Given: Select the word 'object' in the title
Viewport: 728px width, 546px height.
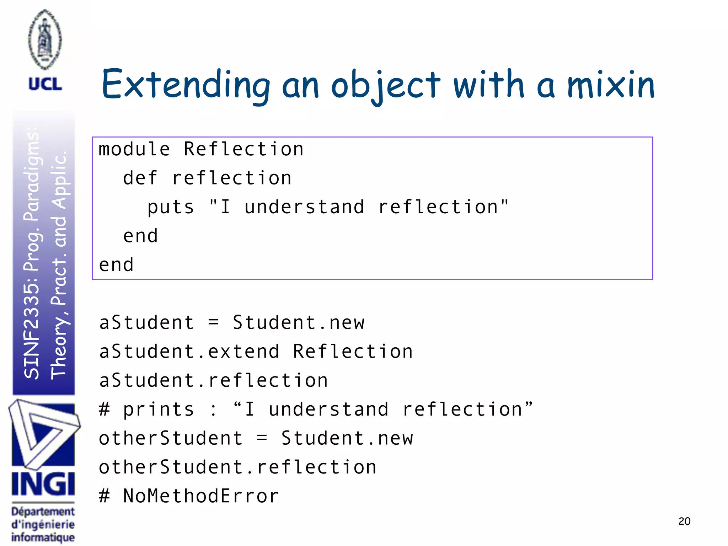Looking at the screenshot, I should (385, 85).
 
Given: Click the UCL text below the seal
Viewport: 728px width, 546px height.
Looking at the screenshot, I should (45, 84).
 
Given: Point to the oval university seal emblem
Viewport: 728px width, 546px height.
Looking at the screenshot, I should (45, 39).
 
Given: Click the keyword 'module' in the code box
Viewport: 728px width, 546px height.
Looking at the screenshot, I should (134, 149).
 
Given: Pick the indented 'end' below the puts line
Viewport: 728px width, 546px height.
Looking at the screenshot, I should (140, 236).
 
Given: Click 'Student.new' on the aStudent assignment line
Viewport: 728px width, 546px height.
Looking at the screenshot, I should (299, 323).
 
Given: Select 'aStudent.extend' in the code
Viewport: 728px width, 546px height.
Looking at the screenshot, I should (189, 352).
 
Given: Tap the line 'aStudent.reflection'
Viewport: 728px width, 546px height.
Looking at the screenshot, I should (213, 380).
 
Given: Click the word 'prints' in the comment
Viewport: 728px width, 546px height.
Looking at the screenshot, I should (159, 409).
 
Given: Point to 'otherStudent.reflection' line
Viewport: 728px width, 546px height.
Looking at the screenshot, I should (237, 467).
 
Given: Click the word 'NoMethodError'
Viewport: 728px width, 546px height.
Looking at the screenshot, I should (201, 496).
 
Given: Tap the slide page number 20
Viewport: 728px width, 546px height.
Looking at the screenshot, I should (684, 521).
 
